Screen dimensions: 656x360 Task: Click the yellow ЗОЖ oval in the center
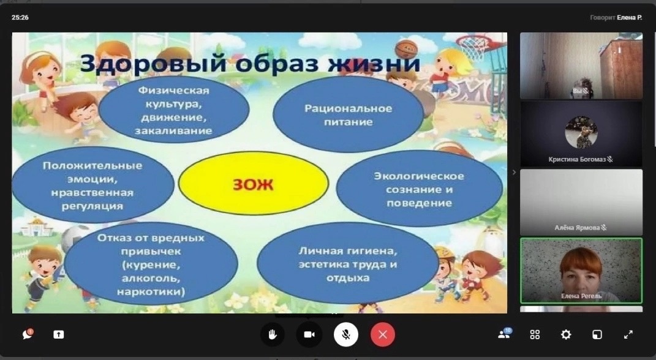pos(254,183)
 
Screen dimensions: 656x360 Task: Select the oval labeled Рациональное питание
pos(348,114)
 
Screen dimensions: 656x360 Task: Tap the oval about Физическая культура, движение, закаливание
pos(174,110)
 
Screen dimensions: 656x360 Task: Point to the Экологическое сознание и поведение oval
pos(419,189)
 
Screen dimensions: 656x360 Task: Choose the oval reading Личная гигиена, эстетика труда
pos(348,264)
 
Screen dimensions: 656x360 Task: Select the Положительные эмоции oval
pos(92,186)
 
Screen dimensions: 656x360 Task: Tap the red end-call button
pos(382,334)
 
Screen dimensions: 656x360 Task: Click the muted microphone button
pos(346,334)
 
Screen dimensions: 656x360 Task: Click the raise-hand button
pos(273,334)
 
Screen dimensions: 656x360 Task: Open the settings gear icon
pos(565,334)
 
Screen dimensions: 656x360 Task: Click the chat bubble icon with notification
pos(28,334)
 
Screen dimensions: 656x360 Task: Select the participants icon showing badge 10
pos(505,333)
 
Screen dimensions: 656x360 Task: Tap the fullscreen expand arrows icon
pos(628,334)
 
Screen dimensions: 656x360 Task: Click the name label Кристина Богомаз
pos(577,159)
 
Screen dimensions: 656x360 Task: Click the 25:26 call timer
pos(20,18)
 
